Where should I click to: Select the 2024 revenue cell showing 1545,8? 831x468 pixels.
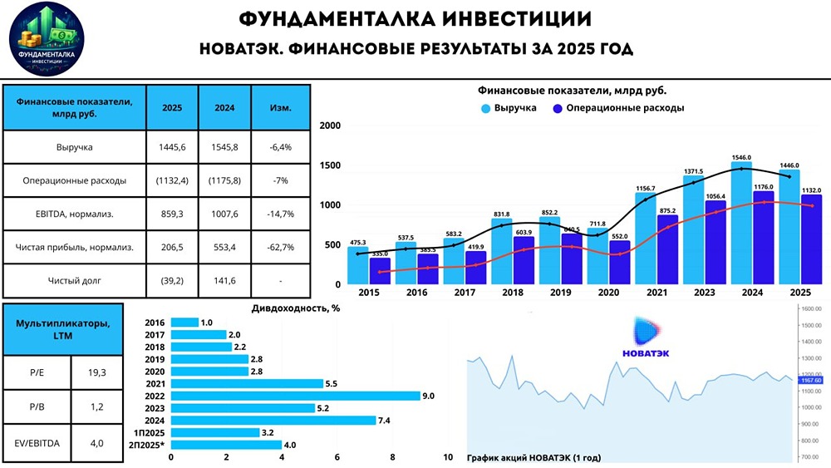point(224,148)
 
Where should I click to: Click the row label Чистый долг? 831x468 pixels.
point(75,281)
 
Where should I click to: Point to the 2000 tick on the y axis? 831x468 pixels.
point(330,126)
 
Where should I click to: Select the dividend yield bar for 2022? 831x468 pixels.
point(296,396)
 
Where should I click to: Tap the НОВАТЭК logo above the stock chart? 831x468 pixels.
point(646,337)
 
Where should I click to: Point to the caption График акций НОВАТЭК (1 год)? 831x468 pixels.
point(534,457)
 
